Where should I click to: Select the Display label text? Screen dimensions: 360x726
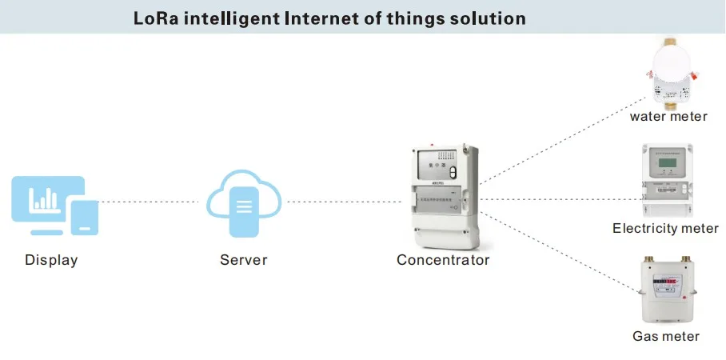[x=51, y=260]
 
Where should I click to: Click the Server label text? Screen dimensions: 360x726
[x=244, y=260]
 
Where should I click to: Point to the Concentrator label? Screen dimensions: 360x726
[x=443, y=260]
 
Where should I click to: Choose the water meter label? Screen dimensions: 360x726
[x=668, y=117]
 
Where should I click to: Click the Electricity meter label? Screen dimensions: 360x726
[x=665, y=229]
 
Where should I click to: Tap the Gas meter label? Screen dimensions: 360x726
[x=666, y=336]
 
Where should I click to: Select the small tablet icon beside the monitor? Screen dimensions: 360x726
[x=84, y=217]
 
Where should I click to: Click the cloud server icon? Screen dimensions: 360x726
[x=244, y=203]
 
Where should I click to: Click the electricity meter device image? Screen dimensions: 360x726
[x=665, y=181]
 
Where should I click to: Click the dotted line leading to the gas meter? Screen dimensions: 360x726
[x=560, y=243]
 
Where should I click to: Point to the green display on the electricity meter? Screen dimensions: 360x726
[x=665, y=166]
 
